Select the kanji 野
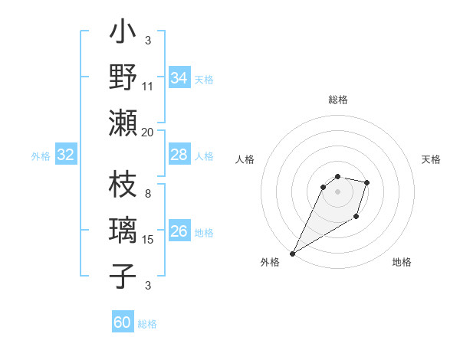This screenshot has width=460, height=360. click(123, 77)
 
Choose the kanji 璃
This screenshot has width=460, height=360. click(123, 231)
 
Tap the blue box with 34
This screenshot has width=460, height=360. click(179, 77)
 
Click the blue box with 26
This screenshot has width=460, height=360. click(179, 232)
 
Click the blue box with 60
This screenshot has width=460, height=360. click(123, 322)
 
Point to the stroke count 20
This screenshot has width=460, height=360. click(148, 132)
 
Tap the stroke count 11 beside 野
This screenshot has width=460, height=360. click(148, 87)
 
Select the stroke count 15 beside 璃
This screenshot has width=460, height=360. click(148, 240)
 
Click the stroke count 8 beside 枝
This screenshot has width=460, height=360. click(148, 195)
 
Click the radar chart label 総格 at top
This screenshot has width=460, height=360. click(337, 100)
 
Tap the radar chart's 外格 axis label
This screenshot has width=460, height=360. click(270, 262)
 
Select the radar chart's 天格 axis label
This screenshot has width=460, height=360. click(432, 159)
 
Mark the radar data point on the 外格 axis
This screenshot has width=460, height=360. click(292, 254)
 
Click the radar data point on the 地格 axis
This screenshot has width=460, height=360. click(356, 218)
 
